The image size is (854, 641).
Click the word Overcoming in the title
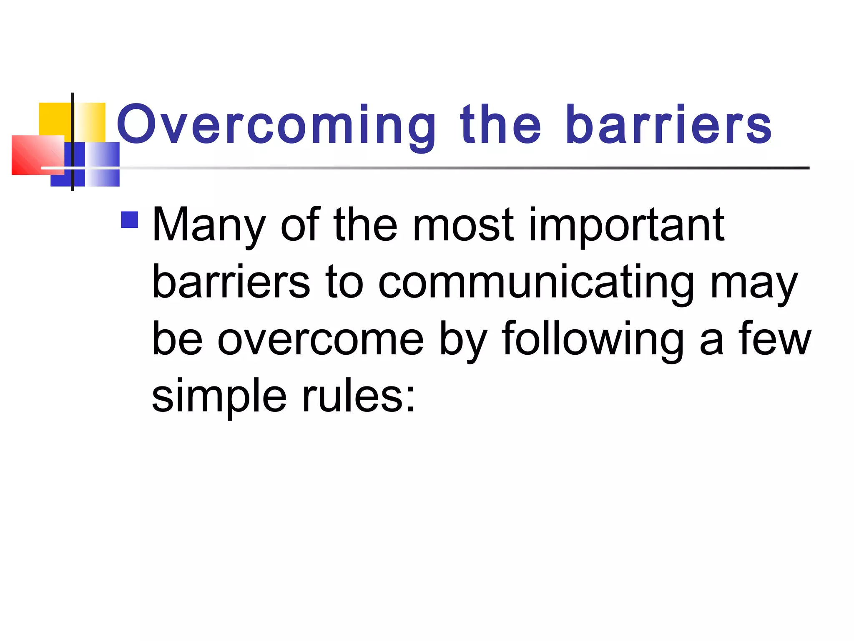click(275, 125)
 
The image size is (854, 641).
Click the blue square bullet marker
click(129, 220)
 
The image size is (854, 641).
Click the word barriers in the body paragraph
click(231, 283)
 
